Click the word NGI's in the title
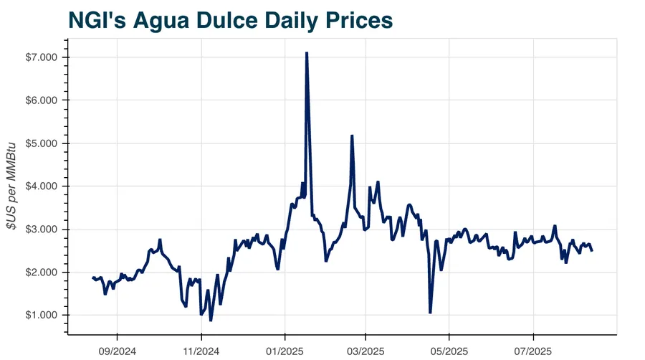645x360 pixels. click(97, 20)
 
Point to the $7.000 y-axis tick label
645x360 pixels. click(41, 57)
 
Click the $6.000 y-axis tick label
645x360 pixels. click(41, 100)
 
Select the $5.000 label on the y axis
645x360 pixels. click(41, 143)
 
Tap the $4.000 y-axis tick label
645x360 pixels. click(41, 186)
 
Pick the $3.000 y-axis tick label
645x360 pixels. click(41, 229)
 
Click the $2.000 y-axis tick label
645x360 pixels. click(41, 273)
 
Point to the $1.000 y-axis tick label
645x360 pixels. click(41, 315)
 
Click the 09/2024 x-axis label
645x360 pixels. click(118, 351)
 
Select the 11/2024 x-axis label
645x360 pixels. click(201, 351)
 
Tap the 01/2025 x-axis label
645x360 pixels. click(285, 351)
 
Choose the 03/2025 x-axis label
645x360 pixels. click(365, 351)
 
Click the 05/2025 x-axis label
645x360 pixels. click(449, 351)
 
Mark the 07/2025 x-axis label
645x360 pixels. click(533, 351)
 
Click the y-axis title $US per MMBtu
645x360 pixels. click(11, 186)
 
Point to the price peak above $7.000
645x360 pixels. click(307, 52)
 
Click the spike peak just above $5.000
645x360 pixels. click(352, 136)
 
